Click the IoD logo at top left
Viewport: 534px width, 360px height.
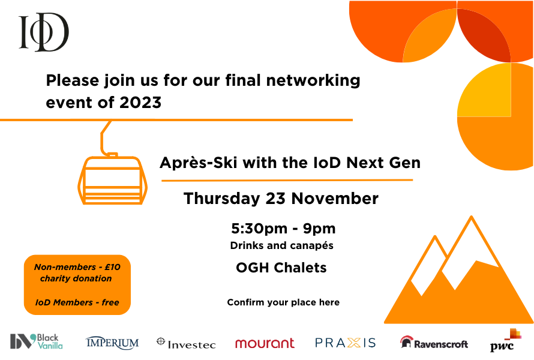point(44,32)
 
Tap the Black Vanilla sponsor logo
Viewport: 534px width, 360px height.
point(37,341)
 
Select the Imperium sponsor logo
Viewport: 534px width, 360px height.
point(112,343)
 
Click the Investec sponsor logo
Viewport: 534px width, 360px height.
point(185,343)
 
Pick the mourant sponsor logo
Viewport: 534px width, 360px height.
point(265,343)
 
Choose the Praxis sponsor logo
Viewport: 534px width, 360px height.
point(346,343)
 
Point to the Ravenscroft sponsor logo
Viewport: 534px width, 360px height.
point(434,343)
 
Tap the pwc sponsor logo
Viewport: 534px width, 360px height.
point(505,341)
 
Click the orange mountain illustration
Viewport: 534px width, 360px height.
point(459,282)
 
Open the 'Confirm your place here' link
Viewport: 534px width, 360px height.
point(283,302)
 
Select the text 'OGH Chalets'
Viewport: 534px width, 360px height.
point(281,268)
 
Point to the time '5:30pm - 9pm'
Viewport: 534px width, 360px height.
point(283,229)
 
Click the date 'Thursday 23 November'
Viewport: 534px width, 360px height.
point(281,199)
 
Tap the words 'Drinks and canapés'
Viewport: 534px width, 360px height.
point(281,245)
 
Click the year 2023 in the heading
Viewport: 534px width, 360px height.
point(140,103)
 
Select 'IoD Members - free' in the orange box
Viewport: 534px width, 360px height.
point(77,302)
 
